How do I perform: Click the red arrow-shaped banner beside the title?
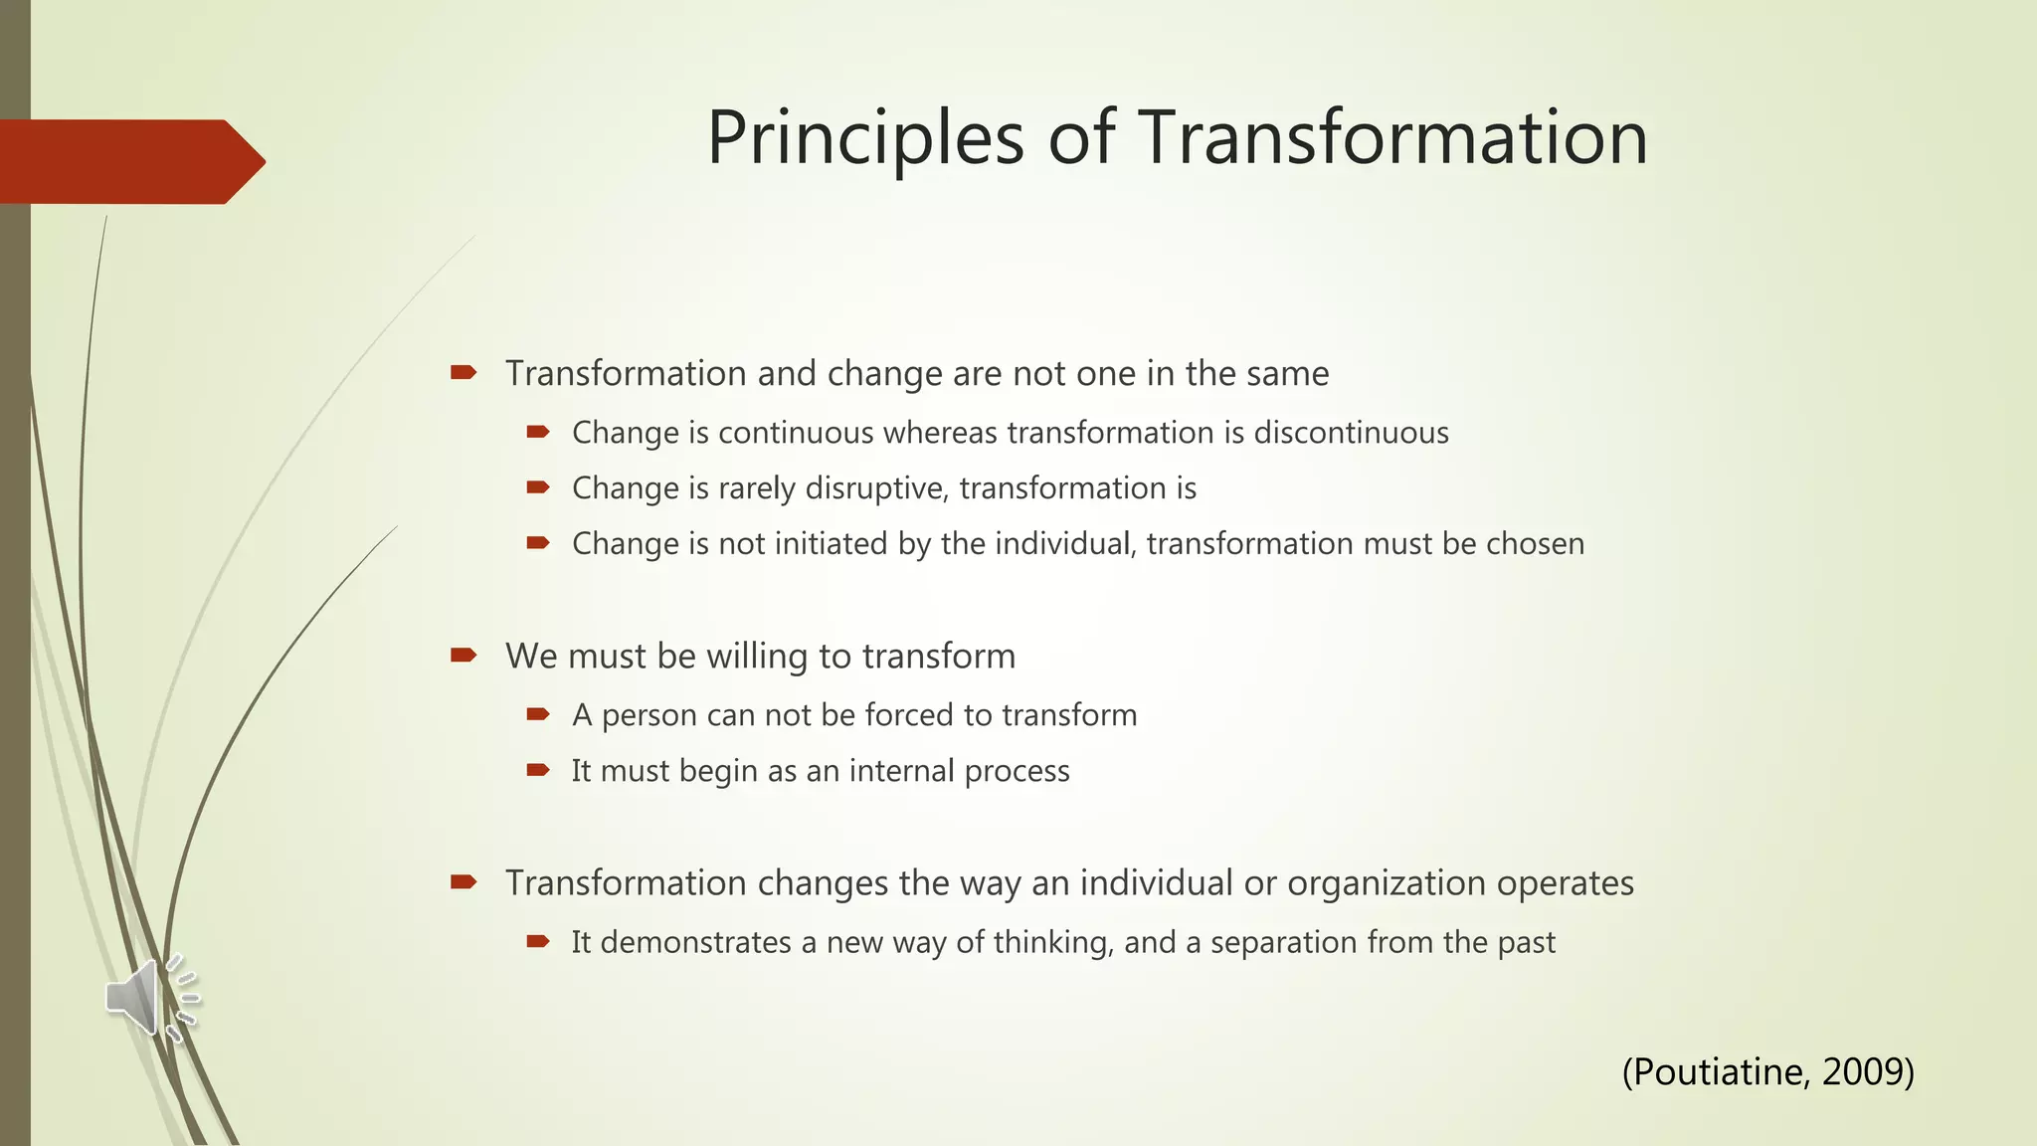(129, 162)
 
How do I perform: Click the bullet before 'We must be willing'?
(463, 655)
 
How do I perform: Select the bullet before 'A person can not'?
(538, 714)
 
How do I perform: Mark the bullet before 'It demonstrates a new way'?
(538, 941)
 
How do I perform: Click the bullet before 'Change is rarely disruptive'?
(538, 487)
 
